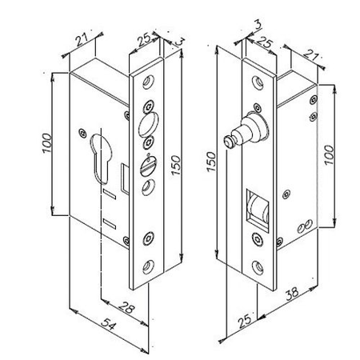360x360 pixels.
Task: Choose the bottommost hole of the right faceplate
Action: point(257,266)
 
